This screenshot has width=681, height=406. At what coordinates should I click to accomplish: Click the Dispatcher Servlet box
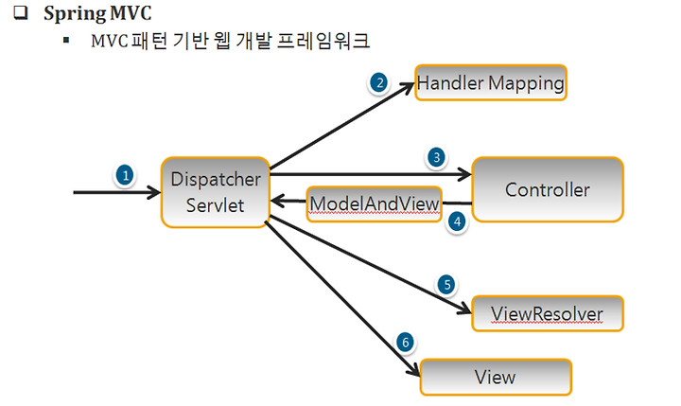pyautogui.click(x=216, y=192)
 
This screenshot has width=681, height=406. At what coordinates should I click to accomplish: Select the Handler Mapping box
pyautogui.click(x=491, y=82)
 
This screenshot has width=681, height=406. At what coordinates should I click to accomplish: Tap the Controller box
pyautogui.click(x=548, y=189)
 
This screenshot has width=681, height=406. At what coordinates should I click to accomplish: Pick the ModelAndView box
pyautogui.click(x=374, y=203)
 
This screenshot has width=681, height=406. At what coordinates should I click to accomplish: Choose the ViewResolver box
pyautogui.click(x=548, y=313)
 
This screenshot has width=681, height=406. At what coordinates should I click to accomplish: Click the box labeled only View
pyautogui.click(x=496, y=377)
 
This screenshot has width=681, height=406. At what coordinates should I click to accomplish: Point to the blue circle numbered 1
pyautogui.click(x=125, y=176)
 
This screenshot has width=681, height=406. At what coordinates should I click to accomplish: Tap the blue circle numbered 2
pyautogui.click(x=379, y=82)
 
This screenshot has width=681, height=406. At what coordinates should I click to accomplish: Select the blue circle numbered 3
pyautogui.click(x=436, y=157)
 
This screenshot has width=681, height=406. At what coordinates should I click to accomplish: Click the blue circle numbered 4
pyautogui.click(x=457, y=222)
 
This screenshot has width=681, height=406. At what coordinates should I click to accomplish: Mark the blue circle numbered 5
pyautogui.click(x=446, y=285)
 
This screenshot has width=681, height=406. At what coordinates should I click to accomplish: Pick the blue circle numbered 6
pyautogui.click(x=405, y=342)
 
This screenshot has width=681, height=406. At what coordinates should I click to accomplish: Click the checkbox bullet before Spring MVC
pyautogui.click(x=21, y=13)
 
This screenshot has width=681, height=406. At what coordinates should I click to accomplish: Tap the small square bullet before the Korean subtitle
pyautogui.click(x=66, y=41)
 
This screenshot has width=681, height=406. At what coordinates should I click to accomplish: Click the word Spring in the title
pyautogui.click(x=75, y=13)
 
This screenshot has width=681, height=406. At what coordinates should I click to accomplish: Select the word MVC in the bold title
pyautogui.click(x=131, y=13)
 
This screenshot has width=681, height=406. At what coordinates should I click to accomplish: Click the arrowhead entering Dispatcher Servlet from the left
pyautogui.click(x=154, y=192)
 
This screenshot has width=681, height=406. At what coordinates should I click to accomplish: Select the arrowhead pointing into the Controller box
pyautogui.click(x=464, y=174)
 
